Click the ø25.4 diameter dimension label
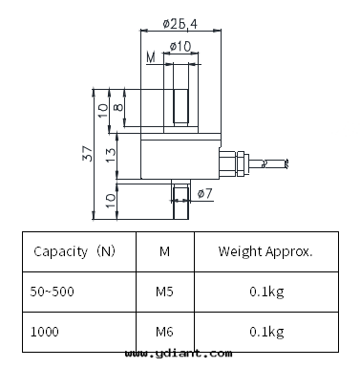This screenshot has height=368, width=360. tap(180, 24)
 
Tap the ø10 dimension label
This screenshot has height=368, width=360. tap(180, 47)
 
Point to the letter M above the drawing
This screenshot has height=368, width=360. tap(151, 57)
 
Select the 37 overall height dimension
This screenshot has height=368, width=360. tap(87, 153)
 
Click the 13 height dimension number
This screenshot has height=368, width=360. tap(111, 155)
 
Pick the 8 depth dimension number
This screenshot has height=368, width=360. tap(118, 107)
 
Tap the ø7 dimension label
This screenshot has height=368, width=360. tap(204, 193)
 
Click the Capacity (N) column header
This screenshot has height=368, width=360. tap(74, 251)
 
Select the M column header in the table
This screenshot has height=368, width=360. tap(164, 251)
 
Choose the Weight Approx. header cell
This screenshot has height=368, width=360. tap(265, 251)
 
